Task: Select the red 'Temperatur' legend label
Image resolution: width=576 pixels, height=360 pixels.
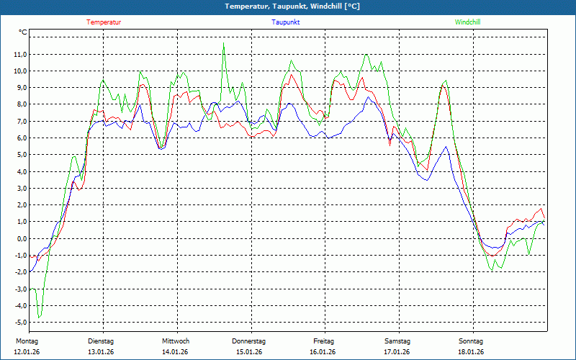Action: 104,22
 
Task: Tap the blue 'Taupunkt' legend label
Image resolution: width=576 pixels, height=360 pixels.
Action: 286,22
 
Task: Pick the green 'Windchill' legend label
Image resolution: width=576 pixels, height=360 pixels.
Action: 467,22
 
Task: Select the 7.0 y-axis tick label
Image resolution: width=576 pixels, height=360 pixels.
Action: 20,121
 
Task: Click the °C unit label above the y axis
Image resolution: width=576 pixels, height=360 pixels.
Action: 23,32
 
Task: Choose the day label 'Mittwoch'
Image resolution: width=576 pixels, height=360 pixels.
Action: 175,341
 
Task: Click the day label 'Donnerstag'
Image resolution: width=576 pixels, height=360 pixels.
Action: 249,341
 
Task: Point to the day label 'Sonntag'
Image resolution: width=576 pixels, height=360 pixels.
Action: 471,341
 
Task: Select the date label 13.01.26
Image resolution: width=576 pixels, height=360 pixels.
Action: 101,352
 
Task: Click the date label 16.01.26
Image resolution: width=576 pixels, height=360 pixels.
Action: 323,352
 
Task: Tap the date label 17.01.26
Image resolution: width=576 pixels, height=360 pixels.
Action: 397,352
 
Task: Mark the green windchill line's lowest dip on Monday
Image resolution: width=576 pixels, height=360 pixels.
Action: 40,318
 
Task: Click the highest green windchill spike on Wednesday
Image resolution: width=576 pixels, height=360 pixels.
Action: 223,42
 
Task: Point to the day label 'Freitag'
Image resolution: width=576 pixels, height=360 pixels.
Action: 323,341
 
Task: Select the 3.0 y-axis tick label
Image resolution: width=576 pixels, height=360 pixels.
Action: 20,188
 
